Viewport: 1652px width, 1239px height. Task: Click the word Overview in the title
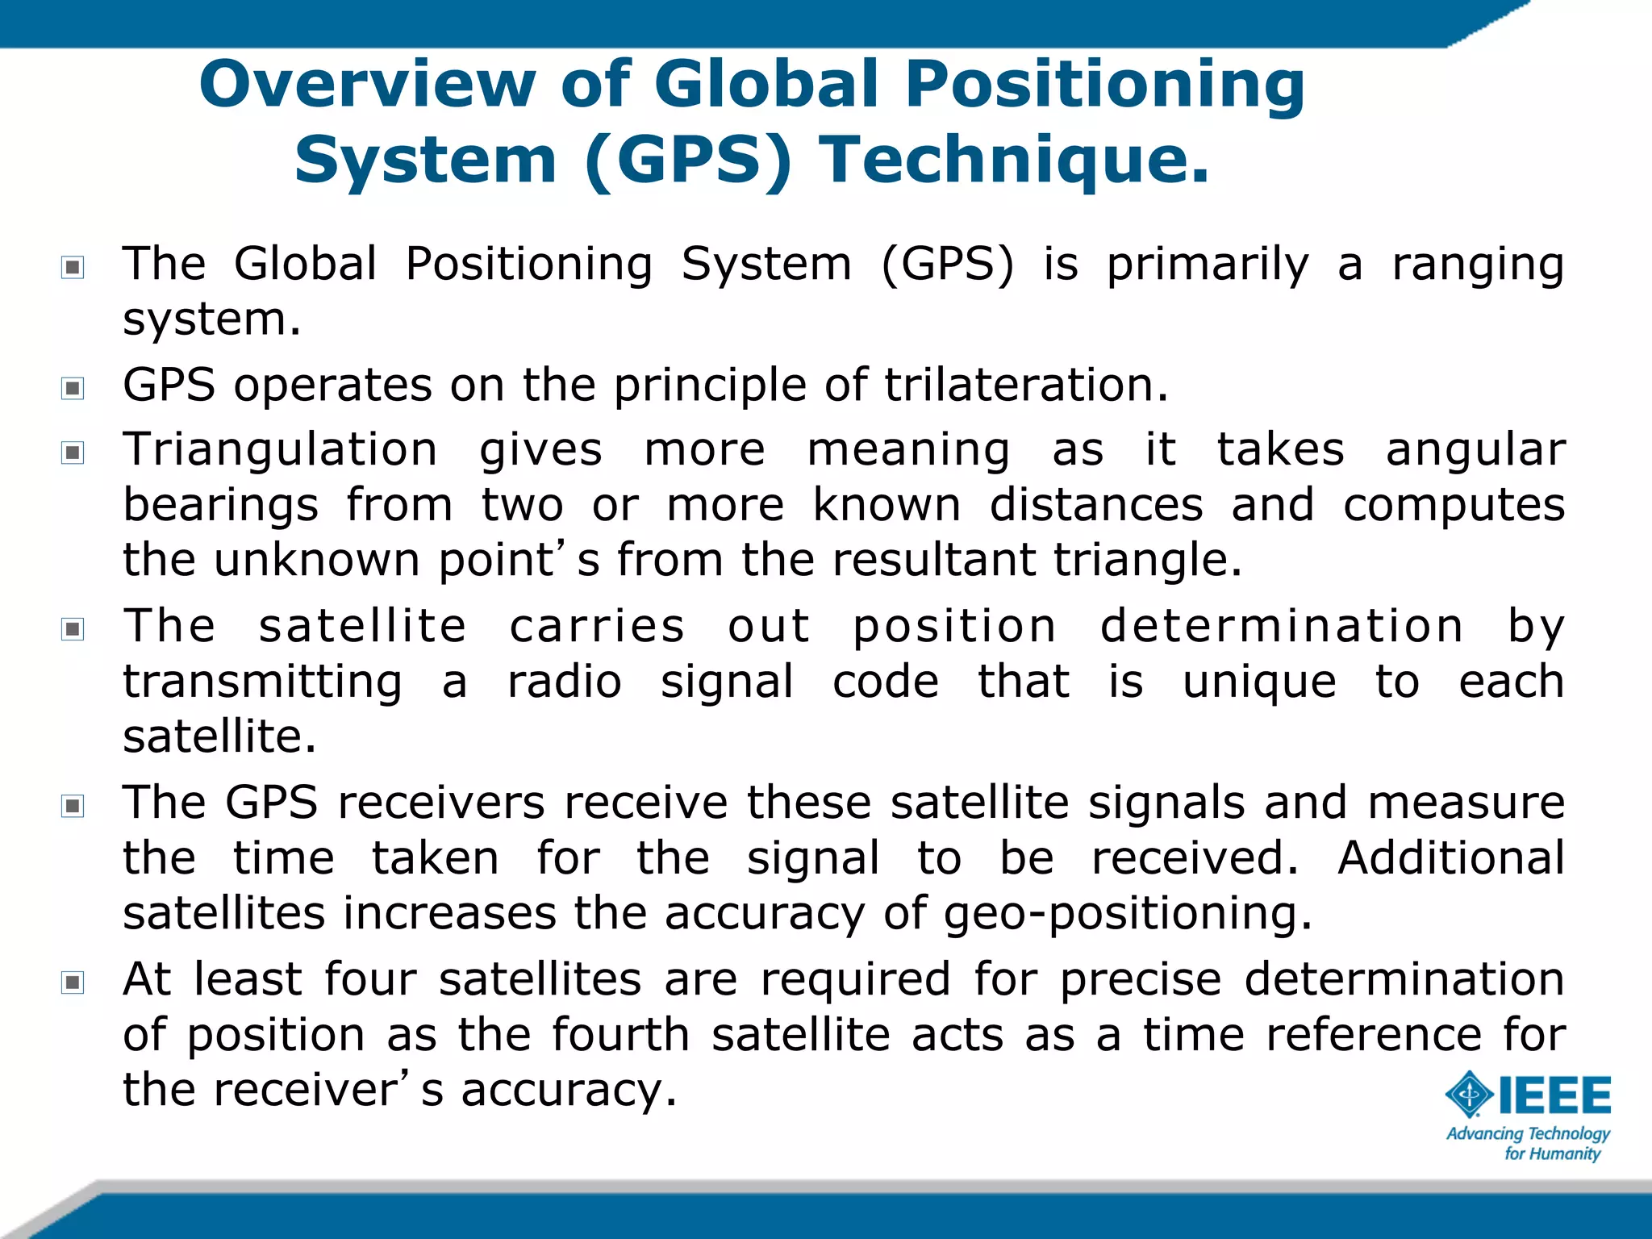367,85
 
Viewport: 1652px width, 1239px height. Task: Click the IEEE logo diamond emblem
1470,1095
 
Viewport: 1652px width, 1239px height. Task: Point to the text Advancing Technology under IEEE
1528,1133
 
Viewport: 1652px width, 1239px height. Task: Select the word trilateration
1025,385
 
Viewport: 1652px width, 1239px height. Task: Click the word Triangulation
280,449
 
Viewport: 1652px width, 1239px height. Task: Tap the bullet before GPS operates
73,388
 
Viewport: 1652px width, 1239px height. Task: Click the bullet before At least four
73,982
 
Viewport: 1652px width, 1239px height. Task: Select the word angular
1475,451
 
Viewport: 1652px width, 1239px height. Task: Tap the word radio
564,682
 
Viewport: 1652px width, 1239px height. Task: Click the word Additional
1450,857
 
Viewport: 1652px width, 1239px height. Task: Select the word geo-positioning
1127,915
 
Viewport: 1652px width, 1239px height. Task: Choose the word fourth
620,1034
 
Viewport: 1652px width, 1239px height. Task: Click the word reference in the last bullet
1374,1034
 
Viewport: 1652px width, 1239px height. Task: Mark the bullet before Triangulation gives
73,453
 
